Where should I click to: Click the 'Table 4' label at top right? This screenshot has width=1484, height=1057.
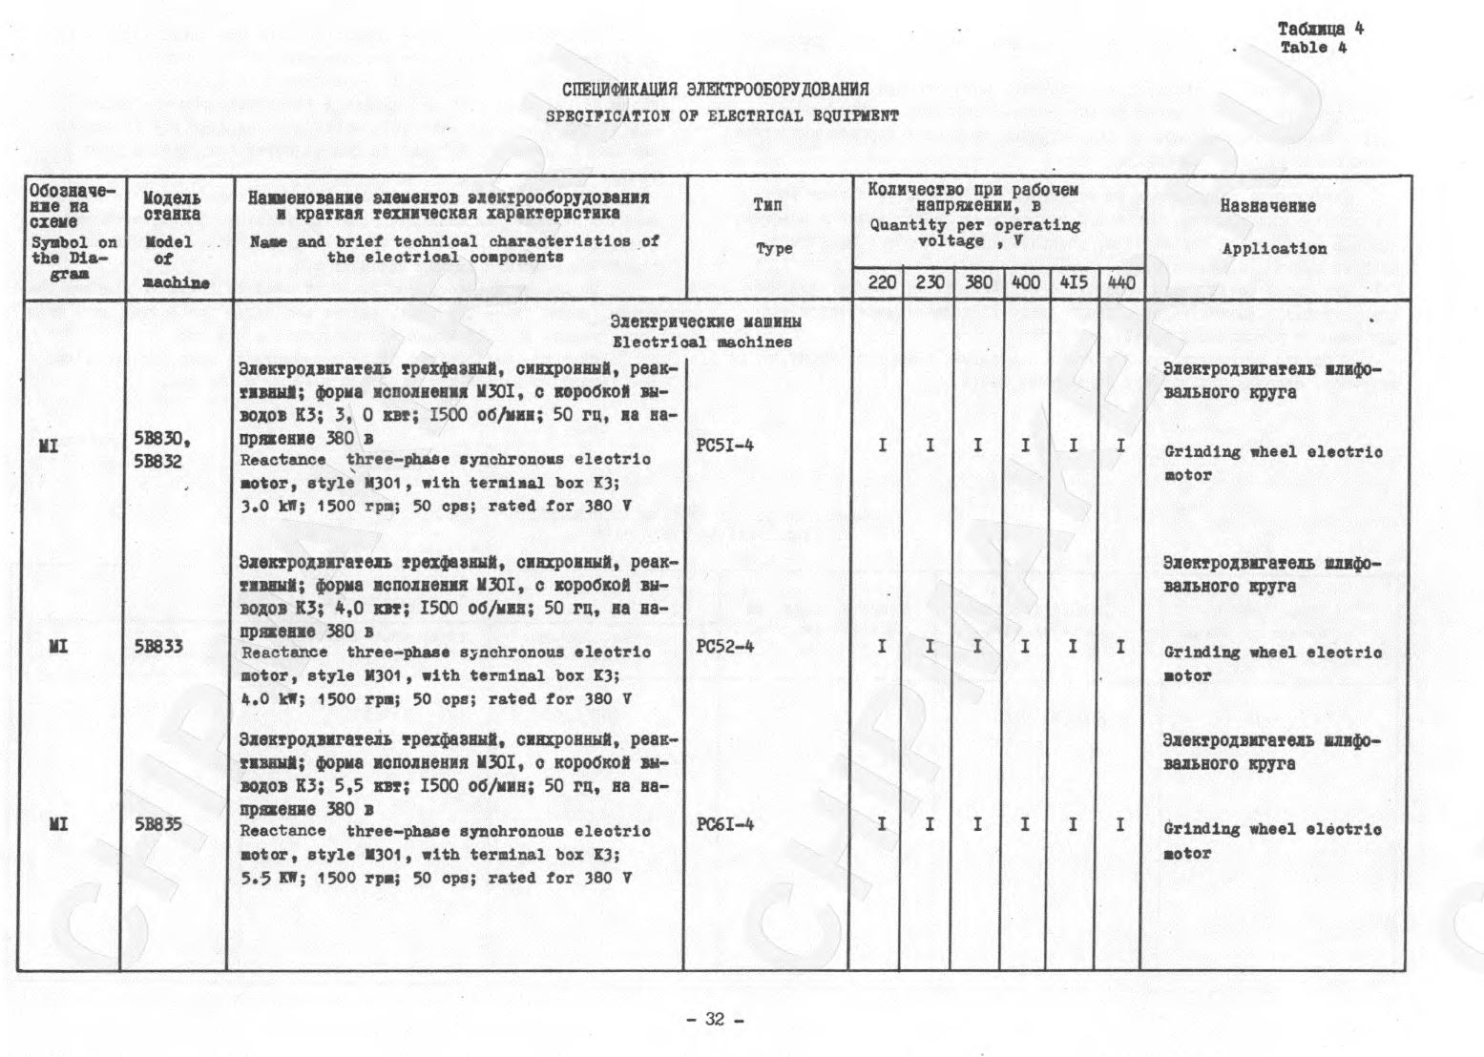[1313, 48]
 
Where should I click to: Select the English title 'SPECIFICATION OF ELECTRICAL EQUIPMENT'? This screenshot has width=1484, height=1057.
[721, 116]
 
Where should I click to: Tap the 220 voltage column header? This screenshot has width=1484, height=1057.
[882, 283]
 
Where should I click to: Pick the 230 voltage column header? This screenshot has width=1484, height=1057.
[930, 283]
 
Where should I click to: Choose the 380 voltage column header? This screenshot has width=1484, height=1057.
[978, 283]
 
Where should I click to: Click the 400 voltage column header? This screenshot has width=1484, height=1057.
[1026, 283]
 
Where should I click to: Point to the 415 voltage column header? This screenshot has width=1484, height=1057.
[1073, 283]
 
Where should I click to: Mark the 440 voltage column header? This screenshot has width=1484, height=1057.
[1121, 283]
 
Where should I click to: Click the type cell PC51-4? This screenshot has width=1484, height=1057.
[725, 445]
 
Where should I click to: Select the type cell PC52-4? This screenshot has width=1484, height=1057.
[725, 646]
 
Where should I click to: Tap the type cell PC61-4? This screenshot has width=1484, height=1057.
[725, 823]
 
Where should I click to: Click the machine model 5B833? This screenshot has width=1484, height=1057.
[158, 647]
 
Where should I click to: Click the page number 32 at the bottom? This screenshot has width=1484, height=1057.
[715, 1019]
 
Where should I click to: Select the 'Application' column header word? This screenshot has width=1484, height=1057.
[1274, 249]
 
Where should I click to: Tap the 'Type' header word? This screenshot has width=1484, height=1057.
[773, 248]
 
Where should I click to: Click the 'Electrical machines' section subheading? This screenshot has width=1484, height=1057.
[701, 342]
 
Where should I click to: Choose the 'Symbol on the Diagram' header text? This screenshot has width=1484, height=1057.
[73, 258]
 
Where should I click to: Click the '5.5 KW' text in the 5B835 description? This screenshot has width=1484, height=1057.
[269, 878]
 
